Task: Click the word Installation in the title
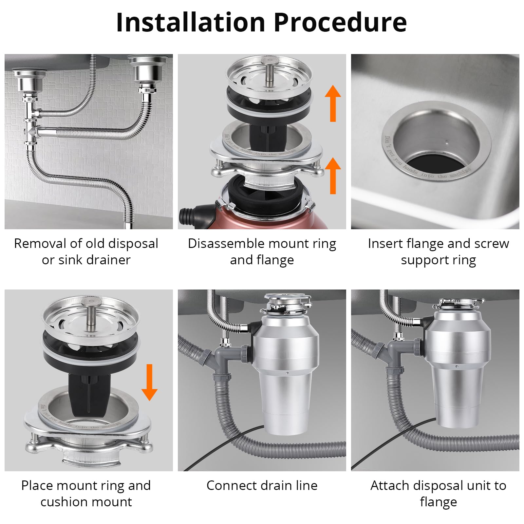tap(190, 22)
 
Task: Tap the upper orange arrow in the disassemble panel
tap(333, 103)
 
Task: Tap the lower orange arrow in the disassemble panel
tap(333, 176)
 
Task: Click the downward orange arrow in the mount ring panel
tap(149, 382)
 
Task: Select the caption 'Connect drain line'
tap(262, 485)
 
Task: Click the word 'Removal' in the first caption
tap(40, 244)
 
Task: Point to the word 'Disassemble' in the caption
tap(226, 244)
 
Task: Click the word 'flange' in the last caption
tap(438, 502)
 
